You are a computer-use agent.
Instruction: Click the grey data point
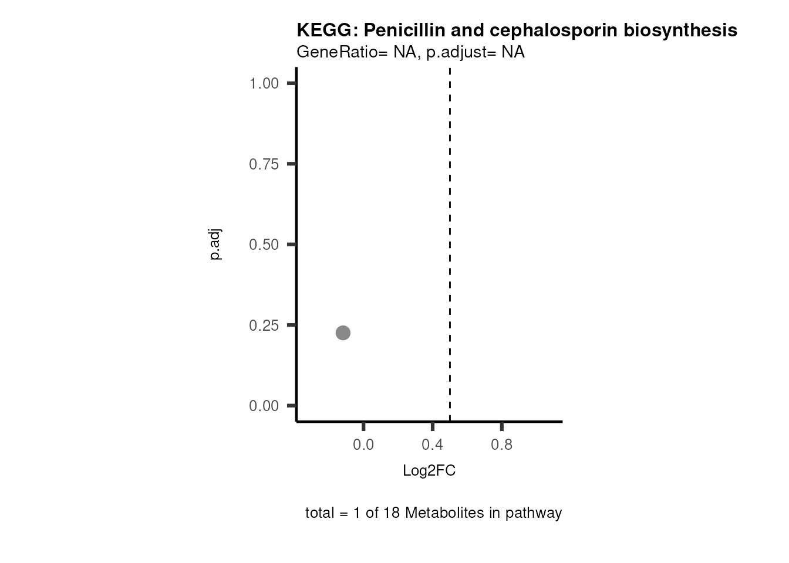[x=343, y=333]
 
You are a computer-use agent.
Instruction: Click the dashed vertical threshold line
[x=450, y=235]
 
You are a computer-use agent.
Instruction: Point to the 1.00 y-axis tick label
[x=264, y=83]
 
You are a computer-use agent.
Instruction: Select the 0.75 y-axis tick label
[x=264, y=164]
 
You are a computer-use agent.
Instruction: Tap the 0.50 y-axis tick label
[x=264, y=245]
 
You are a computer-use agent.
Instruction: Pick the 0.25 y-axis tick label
[x=264, y=325]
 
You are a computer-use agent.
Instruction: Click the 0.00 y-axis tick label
[x=264, y=406]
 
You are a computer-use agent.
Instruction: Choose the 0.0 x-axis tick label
[x=363, y=445]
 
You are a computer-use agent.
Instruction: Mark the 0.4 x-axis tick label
[x=432, y=445]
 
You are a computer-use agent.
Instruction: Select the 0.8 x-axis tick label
[x=501, y=445]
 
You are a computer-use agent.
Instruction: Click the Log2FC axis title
[x=429, y=471]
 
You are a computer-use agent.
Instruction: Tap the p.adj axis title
[x=215, y=245]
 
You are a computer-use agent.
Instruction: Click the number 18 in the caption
[x=392, y=513]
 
